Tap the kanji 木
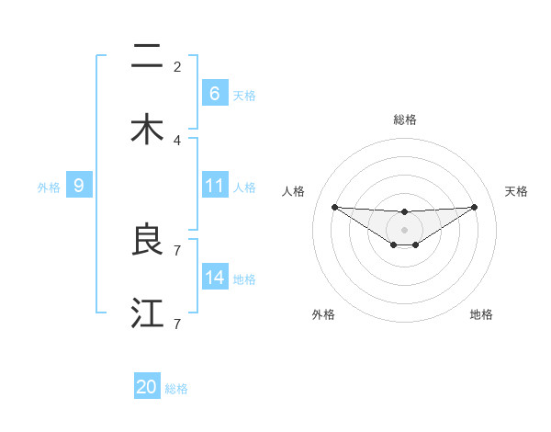pyautogui.click(x=147, y=130)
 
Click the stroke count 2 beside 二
pyautogui.click(x=177, y=66)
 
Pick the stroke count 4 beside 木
pyautogui.click(x=177, y=140)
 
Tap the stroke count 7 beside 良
pyautogui.click(x=177, y=250)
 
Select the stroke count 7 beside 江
pyautogui.click(x=177, y=324)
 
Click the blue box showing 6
pyautogui.click(x=214, y=94)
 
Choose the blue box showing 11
pyautogui.click(x=214, y=186)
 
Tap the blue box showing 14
pyautogui.click(x=214, y=278)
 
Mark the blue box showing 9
pyautogui.click(x=79, y=186)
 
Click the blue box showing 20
pyautogui.click(x=147, y=388)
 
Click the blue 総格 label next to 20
pyautogui.click(x=176, y=389)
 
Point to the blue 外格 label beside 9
pyautogui.click(x=49, y=187)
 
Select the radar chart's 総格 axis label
pyautogui.click(x=404, y=119)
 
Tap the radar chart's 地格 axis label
pyautogui.click(x=481, y=314)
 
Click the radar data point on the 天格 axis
pyautogui.click(x=474, y=207)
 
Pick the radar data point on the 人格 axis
pyautogui.click(x=334, y=207)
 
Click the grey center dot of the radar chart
pyautogui.click(x=404, y=229)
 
